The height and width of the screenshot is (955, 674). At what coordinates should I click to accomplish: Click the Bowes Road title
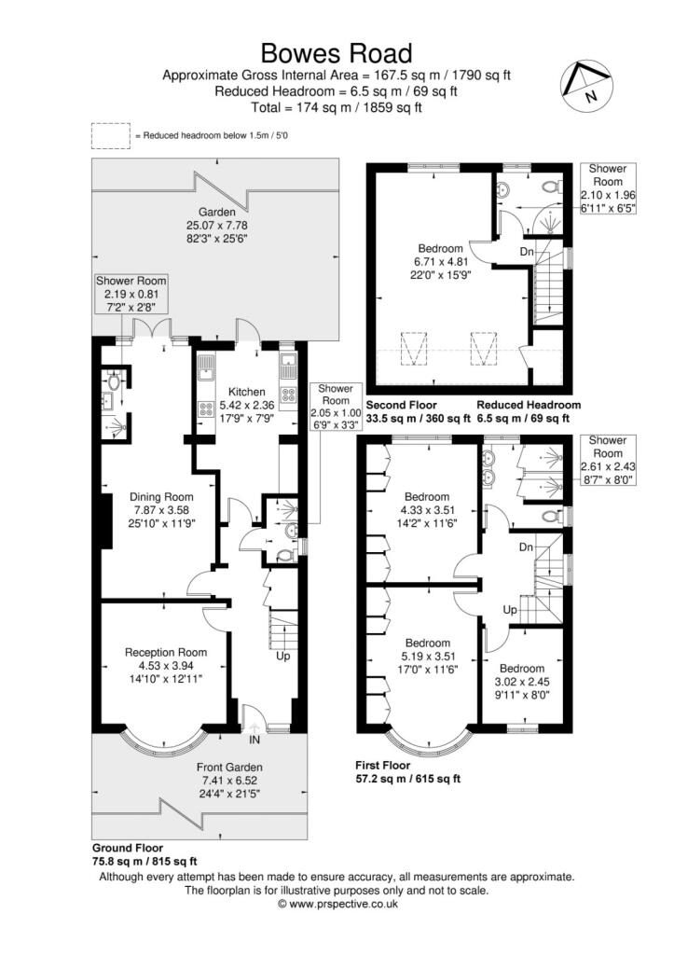click(x=337, y=51)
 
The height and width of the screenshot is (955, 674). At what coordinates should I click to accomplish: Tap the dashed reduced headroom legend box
click(x=111, y=136)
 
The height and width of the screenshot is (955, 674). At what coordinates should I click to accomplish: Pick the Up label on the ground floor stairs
click(x=282, y=657)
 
